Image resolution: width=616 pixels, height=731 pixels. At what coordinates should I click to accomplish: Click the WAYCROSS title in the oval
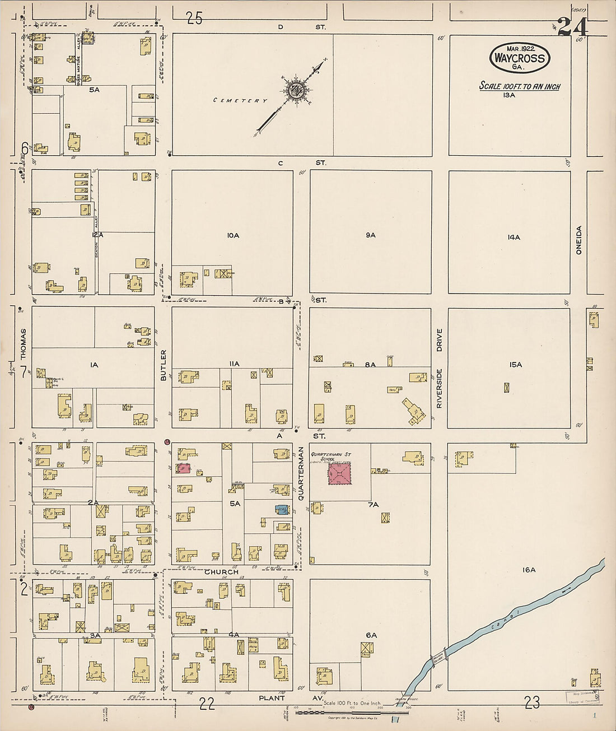[519, 58]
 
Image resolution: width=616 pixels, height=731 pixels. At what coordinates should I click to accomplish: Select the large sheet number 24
[572, 27]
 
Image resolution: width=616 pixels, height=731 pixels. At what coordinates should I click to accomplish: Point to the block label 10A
[233, 236]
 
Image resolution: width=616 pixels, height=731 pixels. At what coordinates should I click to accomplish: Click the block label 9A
[371, 235]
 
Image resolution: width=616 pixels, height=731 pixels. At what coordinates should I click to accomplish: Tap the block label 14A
[514, 238]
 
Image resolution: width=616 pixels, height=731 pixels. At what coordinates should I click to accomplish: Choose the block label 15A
[515, 365]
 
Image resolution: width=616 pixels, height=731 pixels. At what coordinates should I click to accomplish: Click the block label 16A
[529, 570]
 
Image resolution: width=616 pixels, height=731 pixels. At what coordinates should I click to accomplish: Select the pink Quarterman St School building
[340, 474]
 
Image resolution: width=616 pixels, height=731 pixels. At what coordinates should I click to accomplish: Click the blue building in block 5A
[282, 510]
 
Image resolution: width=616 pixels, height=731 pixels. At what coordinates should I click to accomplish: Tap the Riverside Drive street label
[439, 368]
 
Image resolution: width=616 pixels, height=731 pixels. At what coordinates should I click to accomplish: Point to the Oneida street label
[578, 240]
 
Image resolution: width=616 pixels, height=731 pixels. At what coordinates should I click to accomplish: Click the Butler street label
[164, 365]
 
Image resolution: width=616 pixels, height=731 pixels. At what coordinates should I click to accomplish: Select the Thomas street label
[24, 343]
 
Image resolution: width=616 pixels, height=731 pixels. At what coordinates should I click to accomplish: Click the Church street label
[221, 572]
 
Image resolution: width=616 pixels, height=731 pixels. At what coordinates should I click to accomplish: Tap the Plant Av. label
[276, 698]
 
